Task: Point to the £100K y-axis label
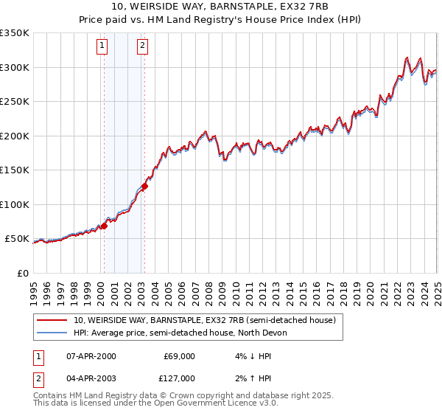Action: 15,204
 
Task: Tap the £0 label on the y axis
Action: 23,273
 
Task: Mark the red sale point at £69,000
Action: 104,226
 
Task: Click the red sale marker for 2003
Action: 144,187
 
